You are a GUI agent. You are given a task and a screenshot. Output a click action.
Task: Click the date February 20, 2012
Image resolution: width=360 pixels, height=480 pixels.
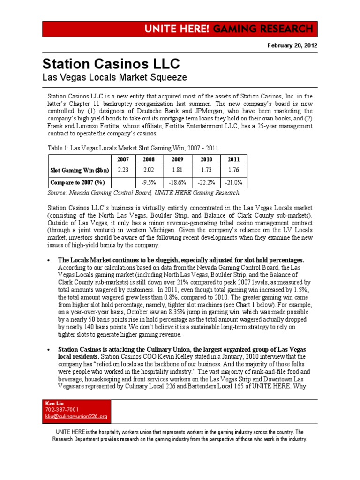point(292,45)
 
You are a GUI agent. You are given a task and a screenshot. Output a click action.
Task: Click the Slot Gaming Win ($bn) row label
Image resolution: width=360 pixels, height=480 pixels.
point(79,170)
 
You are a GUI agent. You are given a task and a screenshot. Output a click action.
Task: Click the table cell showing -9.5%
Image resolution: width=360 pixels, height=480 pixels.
point(150,182)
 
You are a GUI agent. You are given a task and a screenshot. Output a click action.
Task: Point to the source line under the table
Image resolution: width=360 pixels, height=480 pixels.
point(144,193)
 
